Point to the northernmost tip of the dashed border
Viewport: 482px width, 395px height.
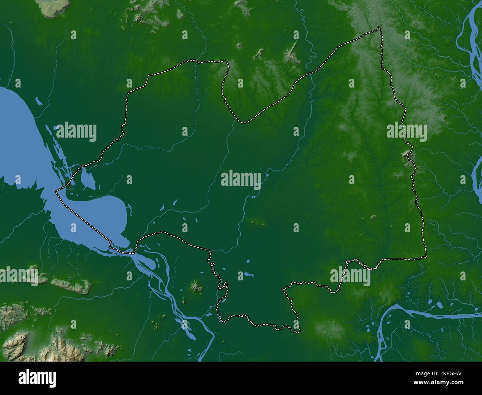379,27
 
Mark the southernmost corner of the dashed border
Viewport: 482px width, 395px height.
298,331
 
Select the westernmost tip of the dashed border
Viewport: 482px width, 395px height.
56,191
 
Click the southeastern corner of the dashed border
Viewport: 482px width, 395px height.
426,257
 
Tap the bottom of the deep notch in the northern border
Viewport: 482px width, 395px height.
244,122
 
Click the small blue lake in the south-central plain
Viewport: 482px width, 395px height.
247,275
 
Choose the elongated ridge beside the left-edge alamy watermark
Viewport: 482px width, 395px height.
70,285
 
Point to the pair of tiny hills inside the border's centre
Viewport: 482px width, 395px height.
259,223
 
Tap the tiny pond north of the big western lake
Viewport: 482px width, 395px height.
38,100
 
